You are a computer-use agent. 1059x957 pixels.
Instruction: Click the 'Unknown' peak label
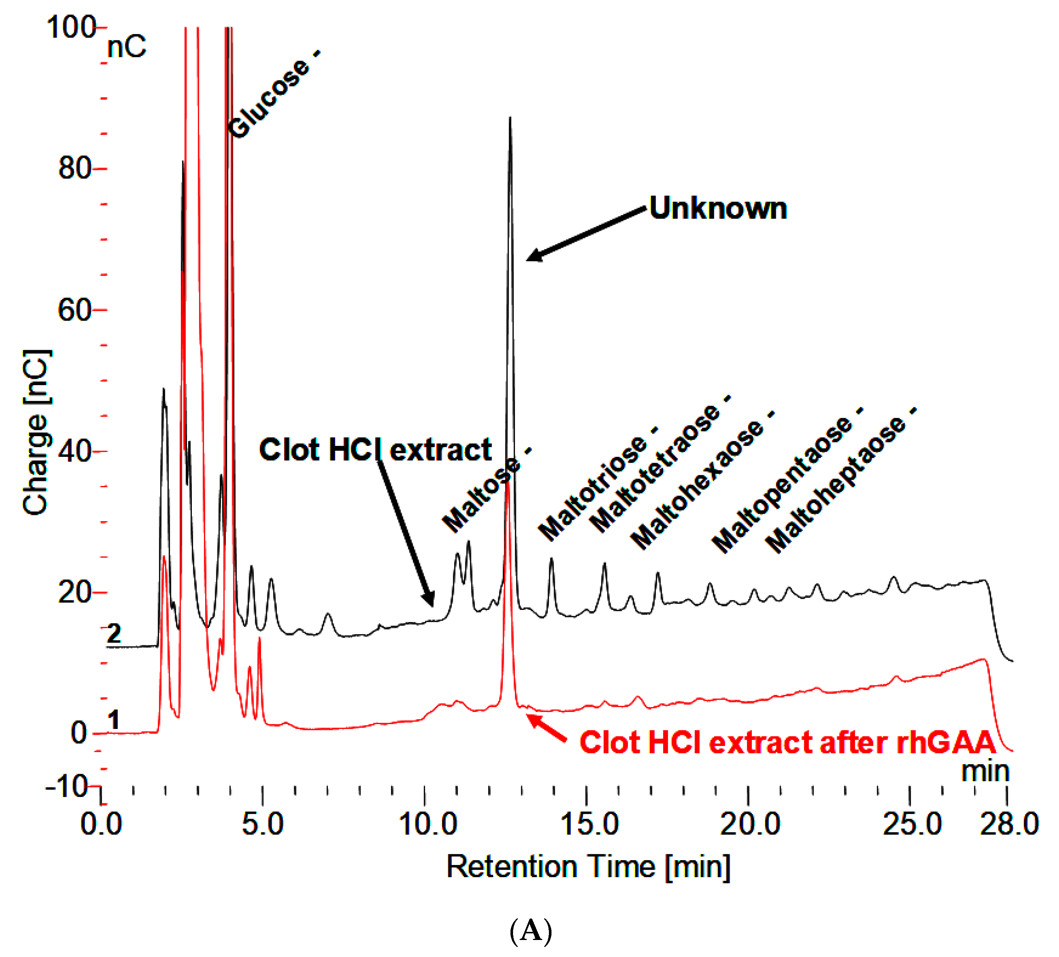718,208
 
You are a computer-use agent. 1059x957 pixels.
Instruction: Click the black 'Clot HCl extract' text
375,450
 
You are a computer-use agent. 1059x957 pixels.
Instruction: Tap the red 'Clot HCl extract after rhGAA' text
787,743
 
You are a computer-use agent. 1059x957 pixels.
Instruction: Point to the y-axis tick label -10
67,786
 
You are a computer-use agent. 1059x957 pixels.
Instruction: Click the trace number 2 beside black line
114,634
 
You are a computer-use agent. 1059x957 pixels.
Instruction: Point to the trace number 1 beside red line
113,720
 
